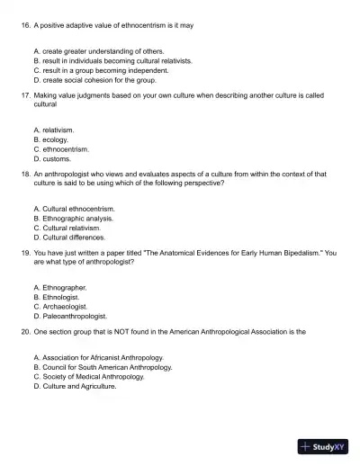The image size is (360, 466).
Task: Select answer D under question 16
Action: (x=94, y=79)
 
